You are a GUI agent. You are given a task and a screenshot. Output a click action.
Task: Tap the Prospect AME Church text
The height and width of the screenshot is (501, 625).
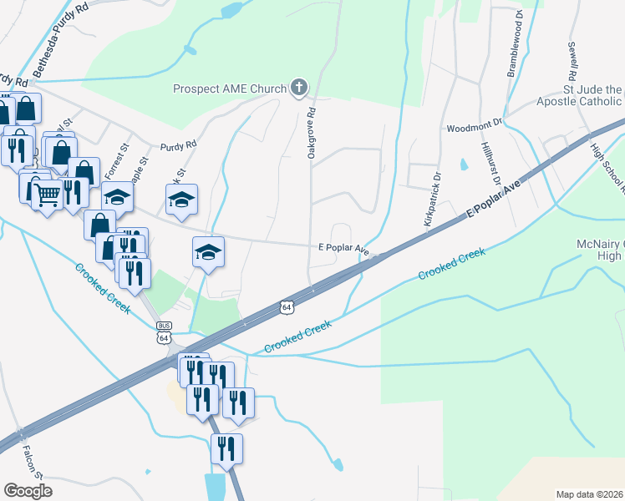(x=229, y=89)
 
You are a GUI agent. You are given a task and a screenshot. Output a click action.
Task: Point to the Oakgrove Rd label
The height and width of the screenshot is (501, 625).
(x=311, y=133)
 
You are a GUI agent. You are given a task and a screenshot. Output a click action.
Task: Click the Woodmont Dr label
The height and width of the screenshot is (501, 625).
(x=474, y=128)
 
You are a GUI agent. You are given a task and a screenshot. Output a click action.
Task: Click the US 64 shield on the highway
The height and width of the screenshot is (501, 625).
(x=286, y=307)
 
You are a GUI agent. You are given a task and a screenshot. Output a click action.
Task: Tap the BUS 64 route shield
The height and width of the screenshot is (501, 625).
(x=164, y=332)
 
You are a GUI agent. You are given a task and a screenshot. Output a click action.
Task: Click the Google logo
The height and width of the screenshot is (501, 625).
(x=28, y=490)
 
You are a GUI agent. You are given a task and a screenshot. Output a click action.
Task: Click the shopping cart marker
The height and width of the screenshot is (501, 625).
(x=48, y=194)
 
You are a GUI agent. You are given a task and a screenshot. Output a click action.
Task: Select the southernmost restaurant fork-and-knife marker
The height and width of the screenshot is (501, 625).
(x=226, y=449)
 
